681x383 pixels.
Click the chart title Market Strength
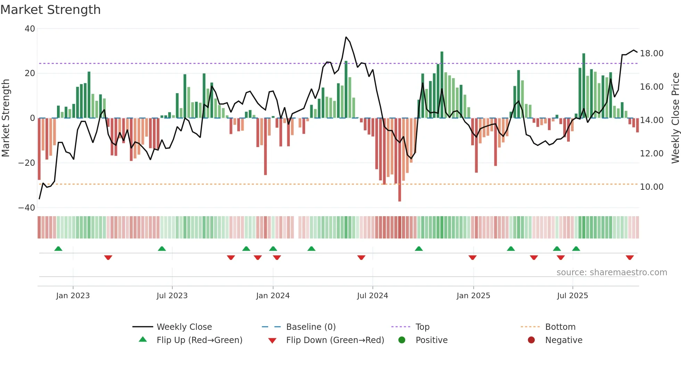click(x=50, y=10)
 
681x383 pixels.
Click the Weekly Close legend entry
click(x=184, y=327)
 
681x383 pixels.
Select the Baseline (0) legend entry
click(x=311, y=327)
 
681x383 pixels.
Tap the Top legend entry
click(x=422, y=327)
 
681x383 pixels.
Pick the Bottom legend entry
click(x=560, y=327)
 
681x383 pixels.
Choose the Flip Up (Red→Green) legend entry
click(x=199, y=340)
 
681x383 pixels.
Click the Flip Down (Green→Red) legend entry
click(x=335, y=340)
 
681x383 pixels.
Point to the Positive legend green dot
click(x=402, y=340)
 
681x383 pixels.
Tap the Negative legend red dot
click(x=531, y=340)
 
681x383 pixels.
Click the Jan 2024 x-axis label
click(x=273, y=296)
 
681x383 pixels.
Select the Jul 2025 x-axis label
click(x=572, y=296)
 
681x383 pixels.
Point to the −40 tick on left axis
click(x=27, y=208)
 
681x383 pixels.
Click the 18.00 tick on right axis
click(x=651, y=54)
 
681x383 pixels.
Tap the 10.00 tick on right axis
click(x=651, y=187)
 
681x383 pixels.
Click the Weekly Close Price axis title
click(x=675, y=118)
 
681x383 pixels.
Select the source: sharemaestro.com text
click(x=612, y=272)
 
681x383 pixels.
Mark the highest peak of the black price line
click(x=346, y=37)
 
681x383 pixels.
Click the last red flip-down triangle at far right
click(x=630, y=258)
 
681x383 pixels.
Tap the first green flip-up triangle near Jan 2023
click(x=58, y=249)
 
